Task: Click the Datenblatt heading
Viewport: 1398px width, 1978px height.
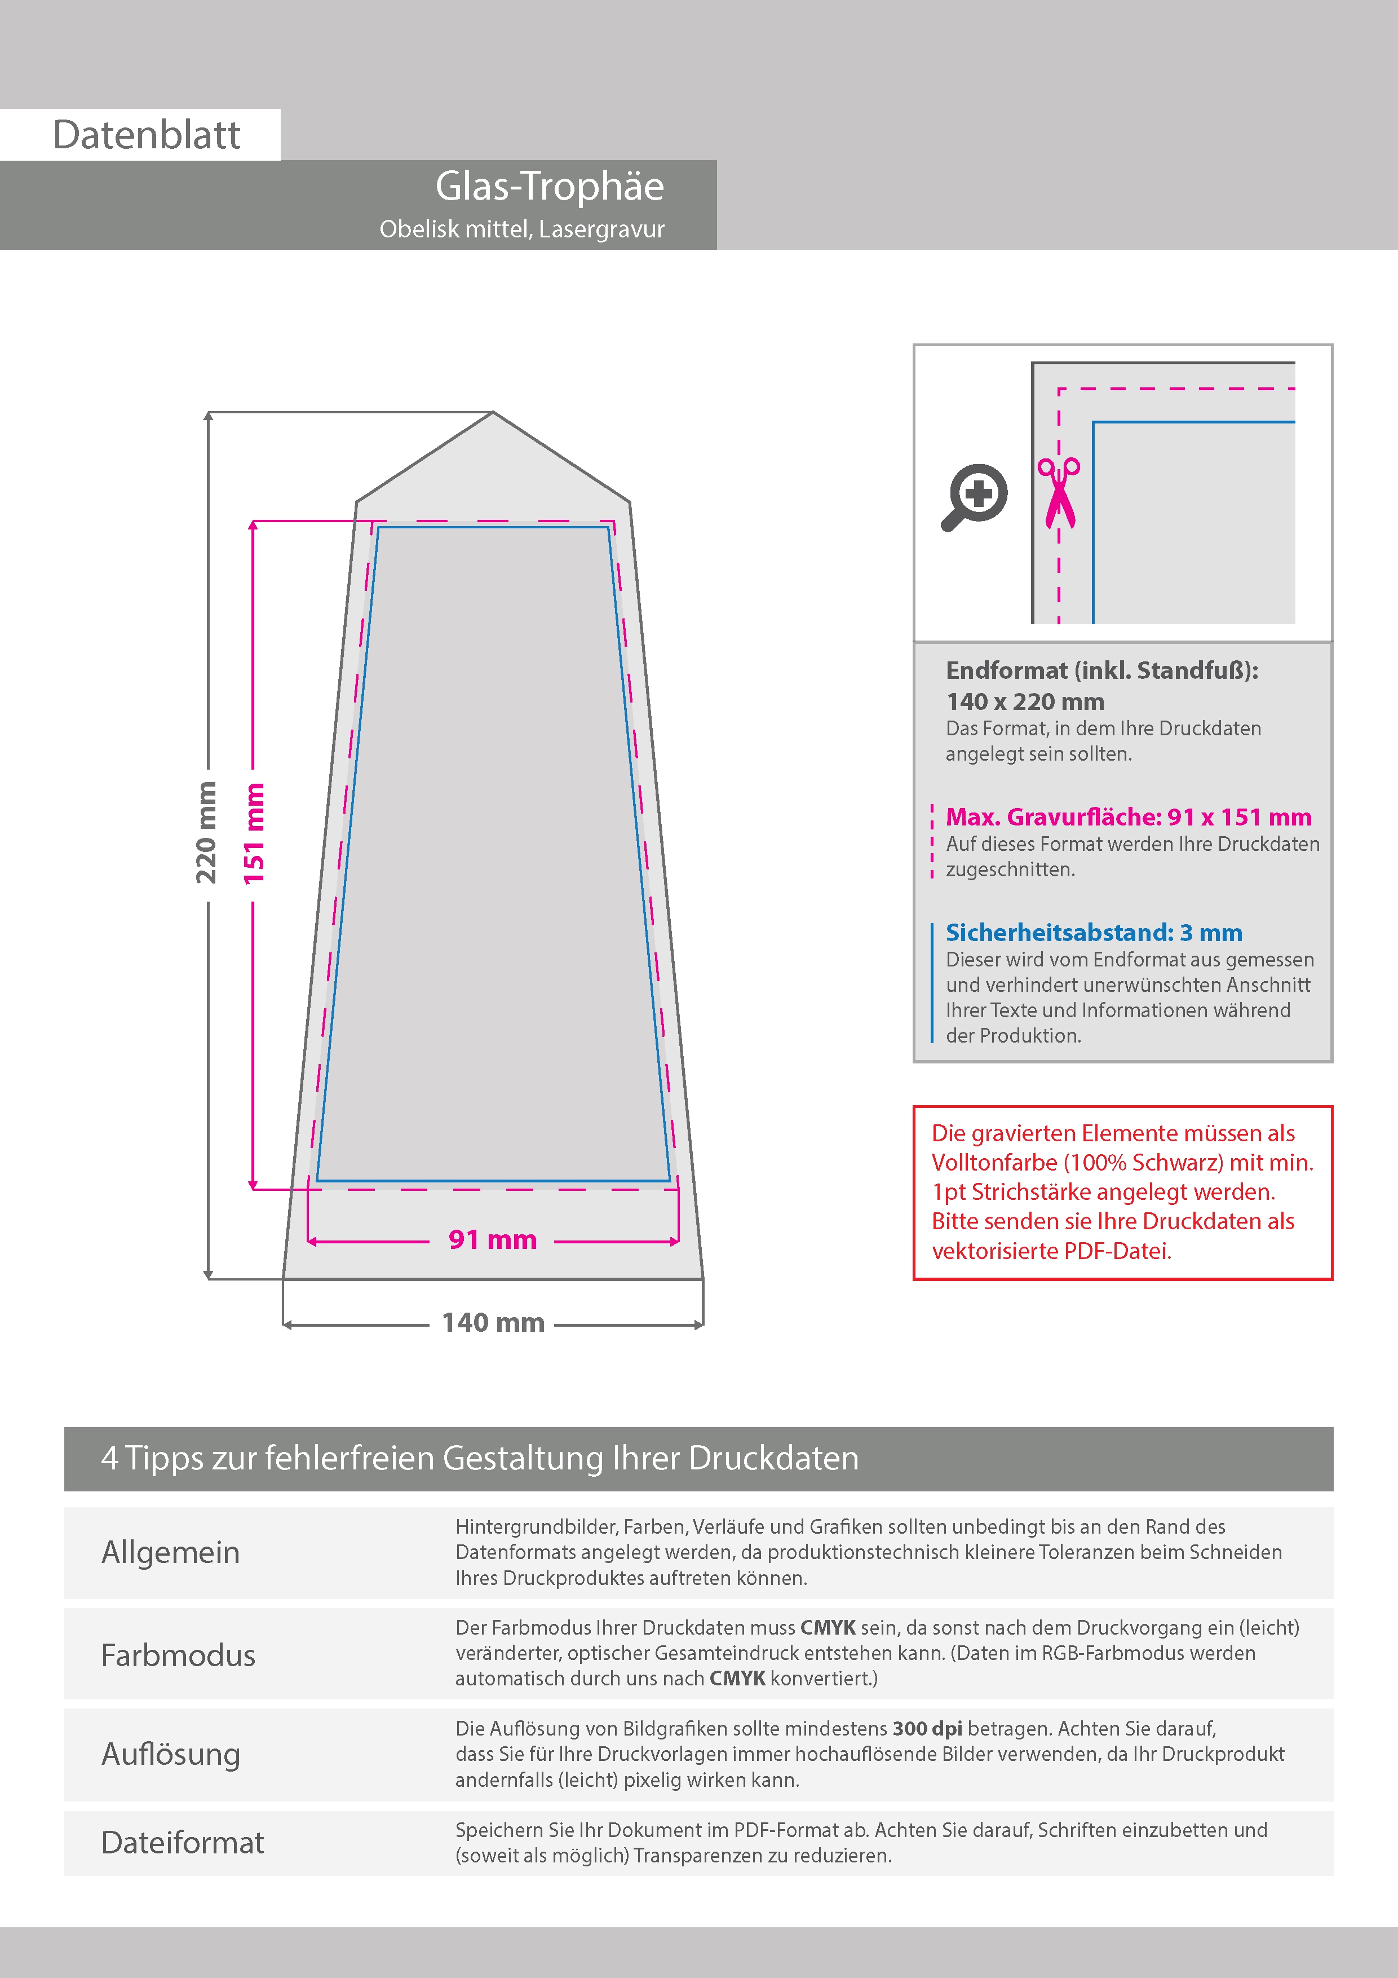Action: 147,135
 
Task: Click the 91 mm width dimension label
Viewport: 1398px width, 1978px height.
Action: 492,1240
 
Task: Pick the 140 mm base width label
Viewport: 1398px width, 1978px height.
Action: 493,1322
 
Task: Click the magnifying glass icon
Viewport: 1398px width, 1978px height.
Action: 974,497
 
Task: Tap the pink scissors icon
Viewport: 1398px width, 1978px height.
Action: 1059,492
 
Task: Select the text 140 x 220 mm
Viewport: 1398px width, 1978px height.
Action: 1025,701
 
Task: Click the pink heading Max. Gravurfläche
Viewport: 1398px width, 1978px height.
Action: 1129,816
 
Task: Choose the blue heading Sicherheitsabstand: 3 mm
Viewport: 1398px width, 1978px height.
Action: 1094,932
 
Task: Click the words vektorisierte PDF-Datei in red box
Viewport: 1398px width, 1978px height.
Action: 1052,1251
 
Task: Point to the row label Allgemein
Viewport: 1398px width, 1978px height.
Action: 171,1552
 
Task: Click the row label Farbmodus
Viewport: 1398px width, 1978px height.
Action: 178,1655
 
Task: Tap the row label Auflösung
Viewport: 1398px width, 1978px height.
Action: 171,1754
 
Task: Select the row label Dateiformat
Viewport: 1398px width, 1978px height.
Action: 183,1843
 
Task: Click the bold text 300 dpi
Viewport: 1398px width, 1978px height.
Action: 927,1729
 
